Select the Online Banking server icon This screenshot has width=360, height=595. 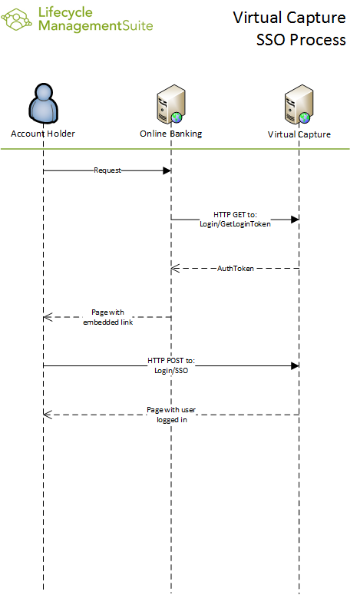[171, 104]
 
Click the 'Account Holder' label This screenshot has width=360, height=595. [43, 134]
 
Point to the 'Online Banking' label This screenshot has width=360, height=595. [170, 134]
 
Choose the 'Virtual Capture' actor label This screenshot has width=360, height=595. [299, 134]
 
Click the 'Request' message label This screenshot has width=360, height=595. [107, 170]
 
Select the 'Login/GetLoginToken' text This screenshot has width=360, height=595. [235, 224]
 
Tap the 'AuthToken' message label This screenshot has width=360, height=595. [235, 268]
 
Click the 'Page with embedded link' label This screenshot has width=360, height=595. [107, 317]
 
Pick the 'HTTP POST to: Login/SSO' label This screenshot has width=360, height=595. [171, 365]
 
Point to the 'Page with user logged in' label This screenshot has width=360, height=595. [171, 415]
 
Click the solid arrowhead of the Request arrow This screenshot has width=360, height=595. [167, 170]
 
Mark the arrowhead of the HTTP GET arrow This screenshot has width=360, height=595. [295, 220]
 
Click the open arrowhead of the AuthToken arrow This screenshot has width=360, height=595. [175, 268]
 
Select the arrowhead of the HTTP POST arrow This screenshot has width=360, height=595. [295, 365]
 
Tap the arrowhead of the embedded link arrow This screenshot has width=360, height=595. [48, 317]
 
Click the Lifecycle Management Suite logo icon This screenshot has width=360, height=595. [16, 19]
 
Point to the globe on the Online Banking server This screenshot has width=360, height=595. [177, 117]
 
